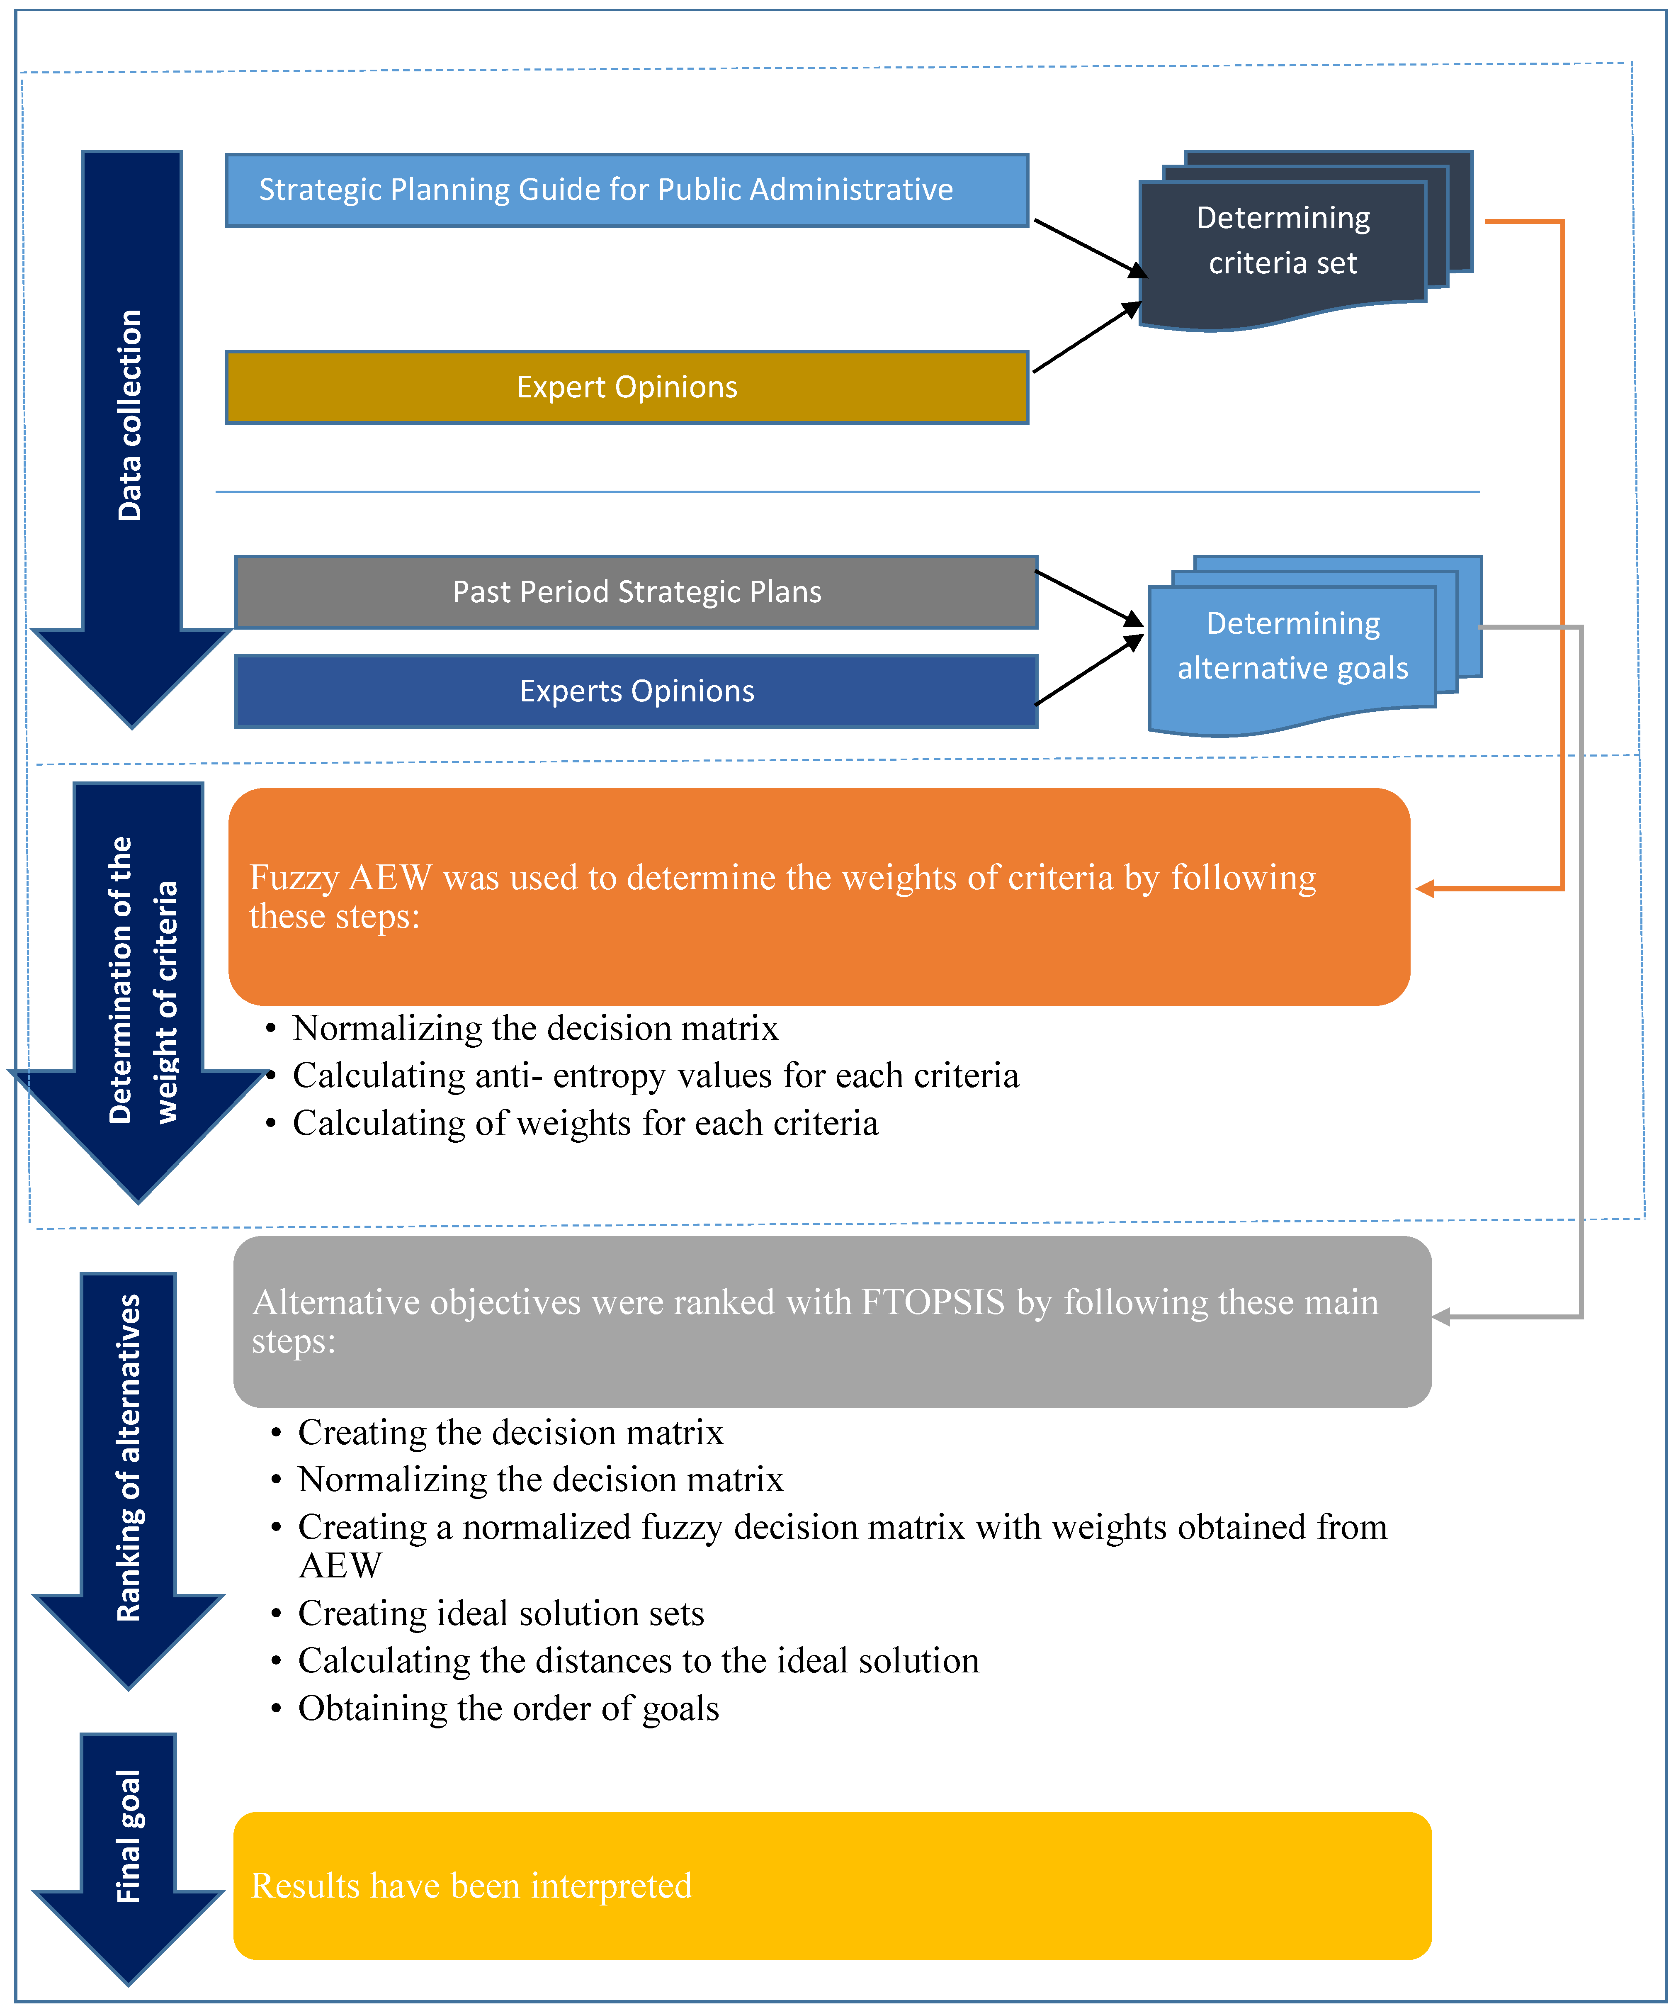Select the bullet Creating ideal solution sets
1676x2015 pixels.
(501, 1614)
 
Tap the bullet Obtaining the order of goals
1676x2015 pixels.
(508, 1709)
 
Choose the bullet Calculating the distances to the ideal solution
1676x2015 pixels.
(638, 1661)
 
